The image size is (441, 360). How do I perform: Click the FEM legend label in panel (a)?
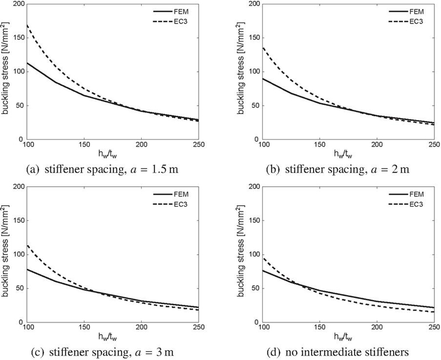tap(181, 12)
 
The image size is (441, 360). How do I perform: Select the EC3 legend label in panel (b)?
tap(416, 22)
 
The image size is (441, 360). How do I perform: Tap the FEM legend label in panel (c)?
tap(181, 195)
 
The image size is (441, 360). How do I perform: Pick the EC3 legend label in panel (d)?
tap(416, 205)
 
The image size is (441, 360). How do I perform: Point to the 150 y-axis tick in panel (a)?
tap(20, 37)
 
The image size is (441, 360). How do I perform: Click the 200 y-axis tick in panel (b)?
tap(255, 4)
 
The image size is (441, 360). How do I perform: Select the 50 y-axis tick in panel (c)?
tap(21, 288)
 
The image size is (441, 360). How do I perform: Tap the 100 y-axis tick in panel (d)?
tap(255, 255)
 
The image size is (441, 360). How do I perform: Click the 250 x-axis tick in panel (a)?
tap(198, 145)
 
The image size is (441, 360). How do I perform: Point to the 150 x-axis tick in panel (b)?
tap(320, 145)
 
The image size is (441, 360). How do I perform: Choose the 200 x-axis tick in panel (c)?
tap(142, 327)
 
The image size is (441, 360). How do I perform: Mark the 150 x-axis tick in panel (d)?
tap(320, 327)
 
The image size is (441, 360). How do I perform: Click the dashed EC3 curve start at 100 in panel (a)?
tap(27, 25)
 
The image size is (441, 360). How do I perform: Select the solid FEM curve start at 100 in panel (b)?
tap(263, 78)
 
